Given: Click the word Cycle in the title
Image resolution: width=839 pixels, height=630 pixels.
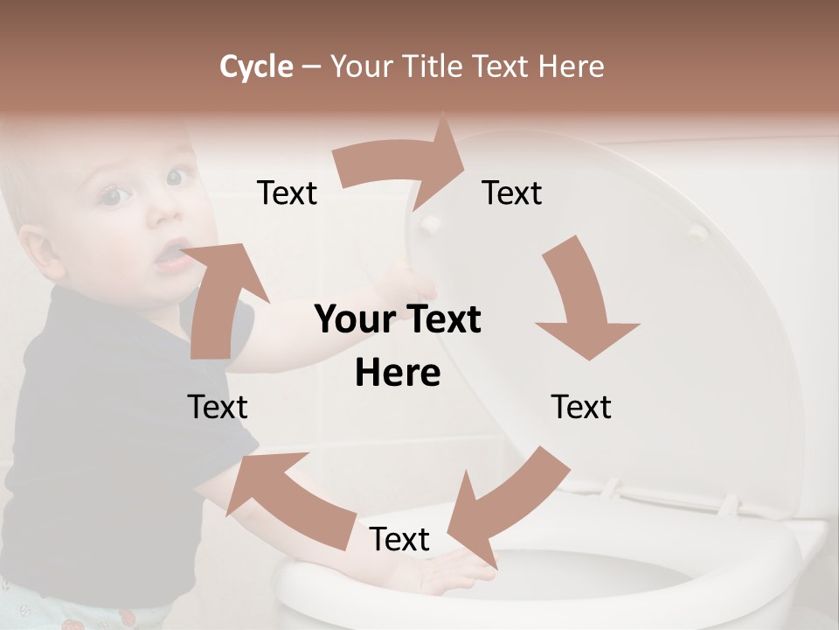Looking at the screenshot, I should [256, 66].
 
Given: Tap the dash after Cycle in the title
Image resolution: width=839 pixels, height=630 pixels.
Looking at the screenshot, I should [311, 67].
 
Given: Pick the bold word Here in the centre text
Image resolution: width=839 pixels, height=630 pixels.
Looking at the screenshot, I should [398, 374].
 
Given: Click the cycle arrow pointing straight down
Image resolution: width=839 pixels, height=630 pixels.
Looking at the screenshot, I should [581, 302].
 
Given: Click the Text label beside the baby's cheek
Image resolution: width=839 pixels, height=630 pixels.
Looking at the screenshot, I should [287, 192].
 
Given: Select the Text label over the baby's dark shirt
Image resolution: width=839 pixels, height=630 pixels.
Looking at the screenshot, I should [218, 407].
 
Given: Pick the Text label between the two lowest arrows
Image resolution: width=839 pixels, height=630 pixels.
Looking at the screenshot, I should [399, 539].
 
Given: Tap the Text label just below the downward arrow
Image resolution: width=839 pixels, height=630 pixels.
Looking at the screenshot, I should [581, 407].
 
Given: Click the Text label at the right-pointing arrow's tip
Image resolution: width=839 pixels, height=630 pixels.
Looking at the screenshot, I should [512, 192].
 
